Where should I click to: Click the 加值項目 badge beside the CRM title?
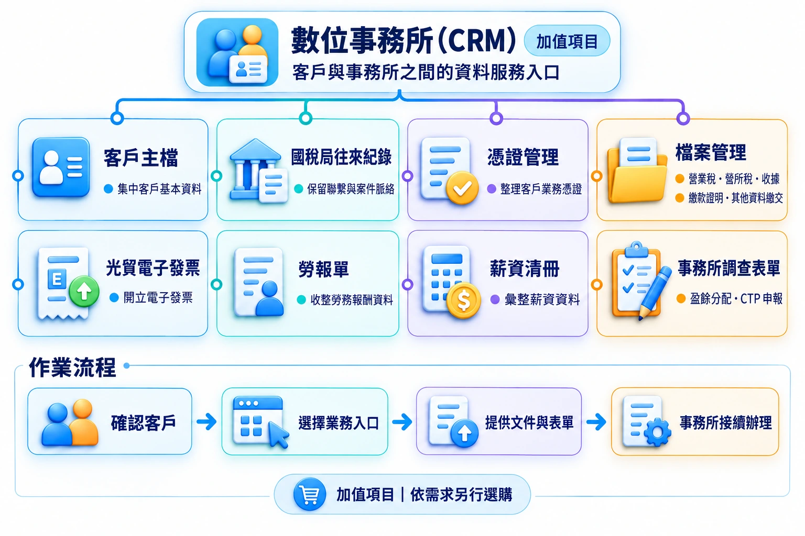(567, 41)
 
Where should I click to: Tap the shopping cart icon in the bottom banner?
(309, 494)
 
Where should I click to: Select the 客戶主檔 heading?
(141, 158)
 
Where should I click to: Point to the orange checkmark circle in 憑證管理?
(462, 187)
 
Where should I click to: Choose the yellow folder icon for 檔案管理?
(637, 171)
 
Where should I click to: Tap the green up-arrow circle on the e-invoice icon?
(84, 291)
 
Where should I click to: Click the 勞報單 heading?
(323, 269)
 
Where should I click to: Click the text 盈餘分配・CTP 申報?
(736, 299)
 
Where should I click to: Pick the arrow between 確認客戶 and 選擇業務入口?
(206, 421)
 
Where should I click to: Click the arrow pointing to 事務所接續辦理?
(596, 421)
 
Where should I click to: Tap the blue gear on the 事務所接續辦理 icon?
(657, 432)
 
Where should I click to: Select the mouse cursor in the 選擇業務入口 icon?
(279, 435)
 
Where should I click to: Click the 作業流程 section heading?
(73, 367)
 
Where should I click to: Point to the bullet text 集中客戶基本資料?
(159, 189)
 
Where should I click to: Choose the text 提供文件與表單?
(529, 422)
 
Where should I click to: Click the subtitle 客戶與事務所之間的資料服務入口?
(426, 72)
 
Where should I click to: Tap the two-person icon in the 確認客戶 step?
(70, 422)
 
